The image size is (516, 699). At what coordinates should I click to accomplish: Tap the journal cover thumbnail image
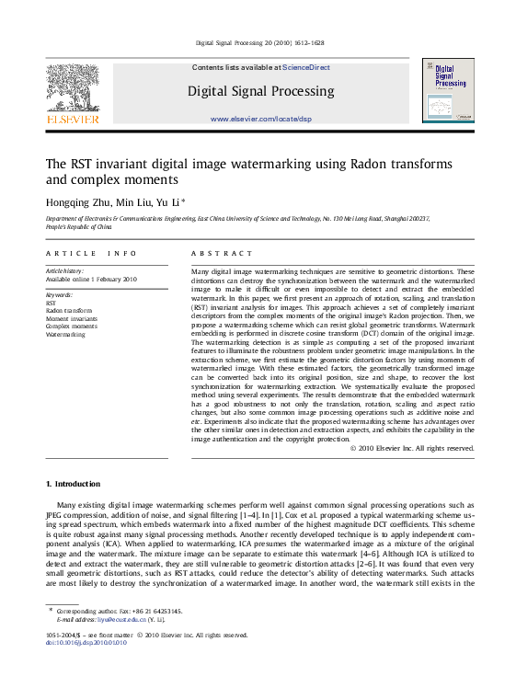pyautogui.click(x=448, y=90)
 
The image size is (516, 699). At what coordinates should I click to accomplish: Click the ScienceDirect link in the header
pyautogui.click(x=306, y=67)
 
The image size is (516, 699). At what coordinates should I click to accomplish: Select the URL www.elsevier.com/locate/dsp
pyautogui.click(x=261, y=120)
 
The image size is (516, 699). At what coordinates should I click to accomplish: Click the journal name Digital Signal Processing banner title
pyautogui.click(x=261, y=91)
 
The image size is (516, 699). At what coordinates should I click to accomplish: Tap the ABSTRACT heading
pyautogui.click(x=221, y=253)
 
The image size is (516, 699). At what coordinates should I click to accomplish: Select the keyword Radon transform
pyautogui.click(x=69, y=311)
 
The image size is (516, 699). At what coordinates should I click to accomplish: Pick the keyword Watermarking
pyautogui.click(x=65, y=334)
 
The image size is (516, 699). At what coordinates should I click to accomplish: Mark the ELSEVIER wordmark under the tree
pyautogui.click(x=73, y=119)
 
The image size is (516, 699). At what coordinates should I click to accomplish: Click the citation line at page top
pyautogui.click(x=258, y=43)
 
